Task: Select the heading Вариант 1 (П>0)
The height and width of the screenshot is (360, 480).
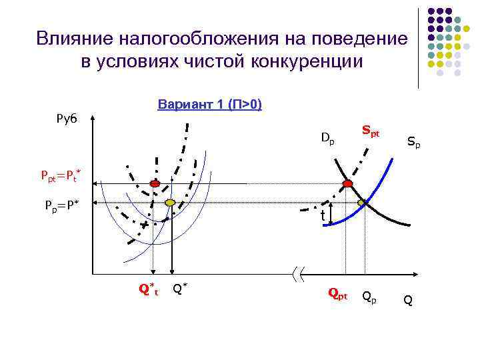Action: [x=209, y=105]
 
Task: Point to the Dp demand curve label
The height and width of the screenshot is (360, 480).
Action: [x=327, y=139]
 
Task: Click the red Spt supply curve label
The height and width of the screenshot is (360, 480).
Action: [x=371, y=131]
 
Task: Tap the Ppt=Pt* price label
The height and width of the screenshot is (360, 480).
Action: [x=61, y=177]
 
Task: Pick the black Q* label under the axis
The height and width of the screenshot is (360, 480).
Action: [x=179, y=288]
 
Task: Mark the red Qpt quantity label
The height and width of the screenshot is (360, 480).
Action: [x=337, y=293]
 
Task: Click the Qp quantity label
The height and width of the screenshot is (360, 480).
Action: [x=369, y=295]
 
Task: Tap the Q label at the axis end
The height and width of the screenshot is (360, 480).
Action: [x=408, y=301]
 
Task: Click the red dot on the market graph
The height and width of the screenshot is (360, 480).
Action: [x=347, y=183]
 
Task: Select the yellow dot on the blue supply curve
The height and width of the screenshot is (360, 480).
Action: [x=363, y=202]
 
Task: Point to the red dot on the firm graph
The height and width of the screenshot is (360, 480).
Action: [x=155, y=183]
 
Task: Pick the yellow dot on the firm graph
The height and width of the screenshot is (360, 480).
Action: [x=170, y=202]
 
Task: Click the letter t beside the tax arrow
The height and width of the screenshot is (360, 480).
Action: [x=322, y=217]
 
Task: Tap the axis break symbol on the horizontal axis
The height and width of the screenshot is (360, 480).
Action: [x=299, y=273]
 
